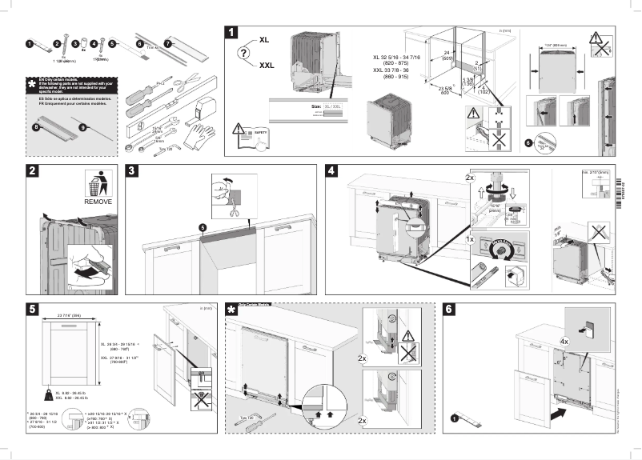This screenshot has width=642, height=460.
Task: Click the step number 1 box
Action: click(231, 33)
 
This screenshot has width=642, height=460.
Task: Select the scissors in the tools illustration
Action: click(189, 81)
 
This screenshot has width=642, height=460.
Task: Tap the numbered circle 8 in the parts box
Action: click(34, 126)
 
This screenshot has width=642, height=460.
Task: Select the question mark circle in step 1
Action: click(243, 52)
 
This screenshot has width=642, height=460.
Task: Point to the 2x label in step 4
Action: click(470, 177)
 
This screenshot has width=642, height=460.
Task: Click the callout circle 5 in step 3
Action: click(203, 227)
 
